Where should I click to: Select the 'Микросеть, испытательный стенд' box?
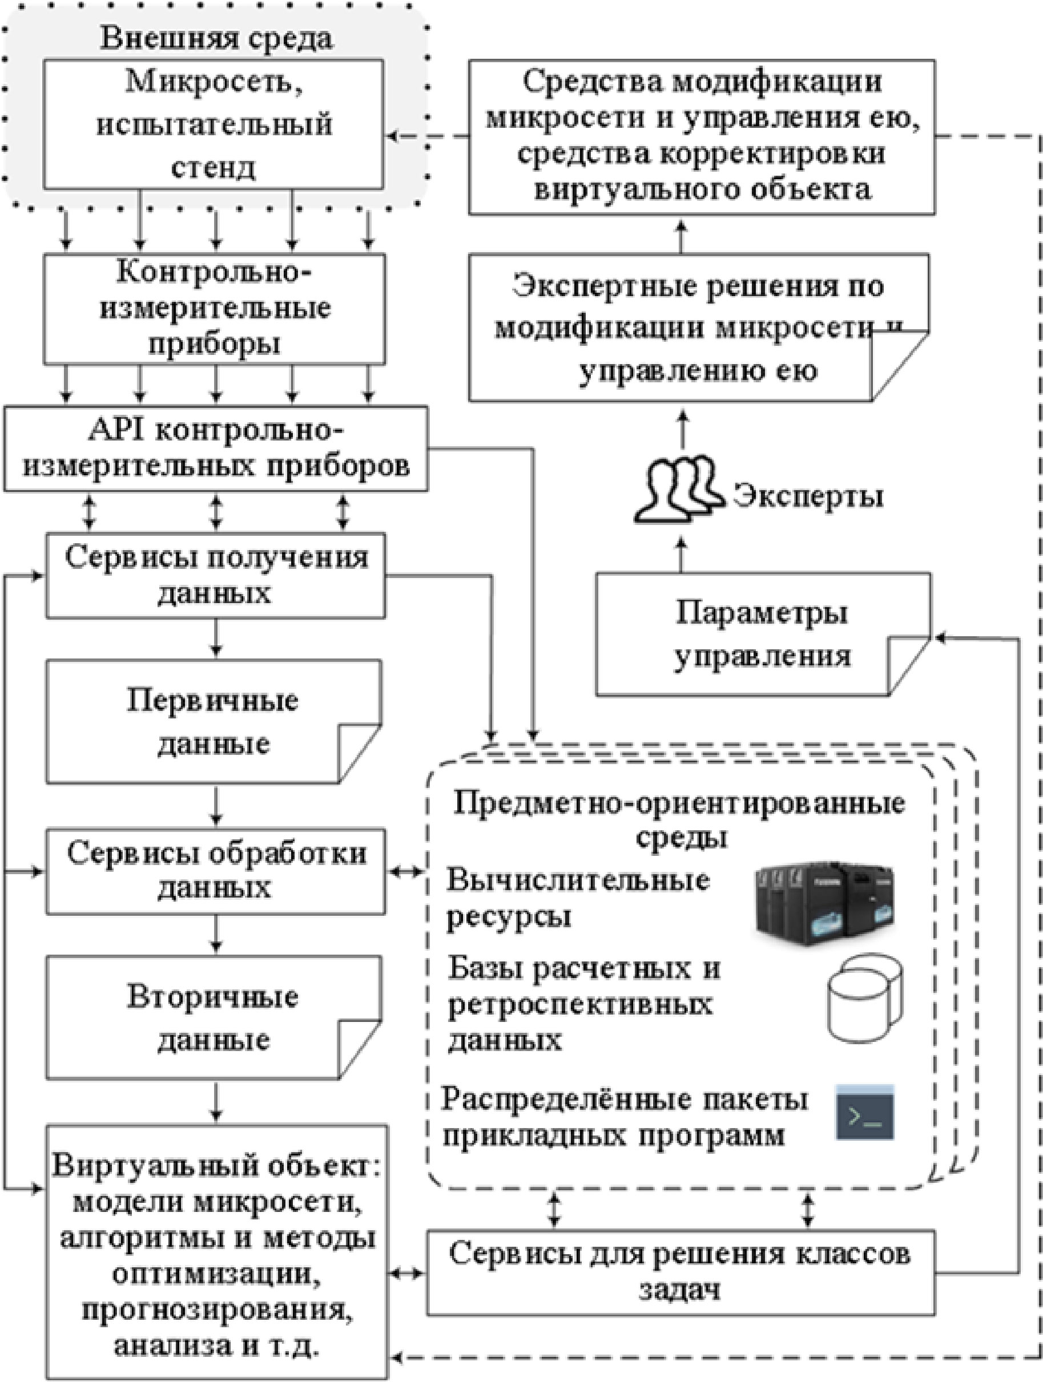[213, 124]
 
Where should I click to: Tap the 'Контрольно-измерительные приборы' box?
[214, 309]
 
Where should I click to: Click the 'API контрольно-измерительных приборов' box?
[216, 448]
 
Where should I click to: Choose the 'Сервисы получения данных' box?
[216, 575]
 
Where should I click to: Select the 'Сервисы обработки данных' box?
[216, 871]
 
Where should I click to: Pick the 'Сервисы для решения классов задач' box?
[680, 1272]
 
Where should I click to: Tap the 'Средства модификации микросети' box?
[702, 137]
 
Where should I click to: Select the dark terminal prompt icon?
[865, 1113]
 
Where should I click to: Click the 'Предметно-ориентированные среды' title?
[679, 817]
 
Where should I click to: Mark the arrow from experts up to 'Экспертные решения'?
[682, 429]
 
